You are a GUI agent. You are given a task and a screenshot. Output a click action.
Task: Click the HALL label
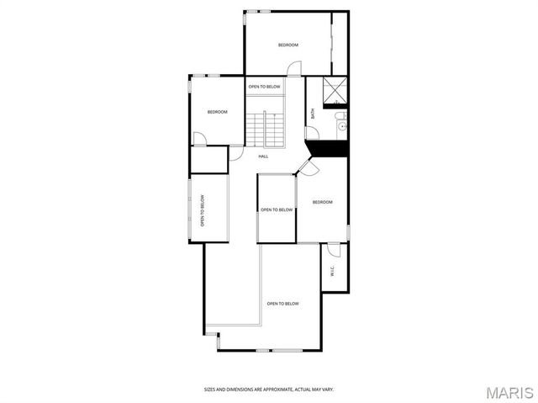point(263,156)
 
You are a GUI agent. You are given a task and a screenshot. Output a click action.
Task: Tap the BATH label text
point(313,113)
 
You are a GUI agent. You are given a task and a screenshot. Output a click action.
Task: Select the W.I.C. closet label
point(333,272)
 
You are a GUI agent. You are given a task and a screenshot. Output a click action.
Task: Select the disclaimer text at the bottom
point(269,390)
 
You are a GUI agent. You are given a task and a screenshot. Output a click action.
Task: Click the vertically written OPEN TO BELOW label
point(203,211)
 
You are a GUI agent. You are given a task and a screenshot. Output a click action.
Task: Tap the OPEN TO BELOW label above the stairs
point(264,87)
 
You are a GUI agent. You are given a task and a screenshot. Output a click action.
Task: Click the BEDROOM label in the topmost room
point(288,45)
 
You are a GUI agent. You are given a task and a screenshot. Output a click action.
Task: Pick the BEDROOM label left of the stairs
point(218,112)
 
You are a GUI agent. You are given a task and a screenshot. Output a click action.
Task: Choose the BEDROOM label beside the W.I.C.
point(323,202)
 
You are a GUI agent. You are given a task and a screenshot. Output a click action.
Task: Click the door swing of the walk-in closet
point(333,250)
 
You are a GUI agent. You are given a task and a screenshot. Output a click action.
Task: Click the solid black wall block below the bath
point(329,149)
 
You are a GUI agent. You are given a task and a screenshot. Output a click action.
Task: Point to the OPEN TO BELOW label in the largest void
point(283,304)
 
